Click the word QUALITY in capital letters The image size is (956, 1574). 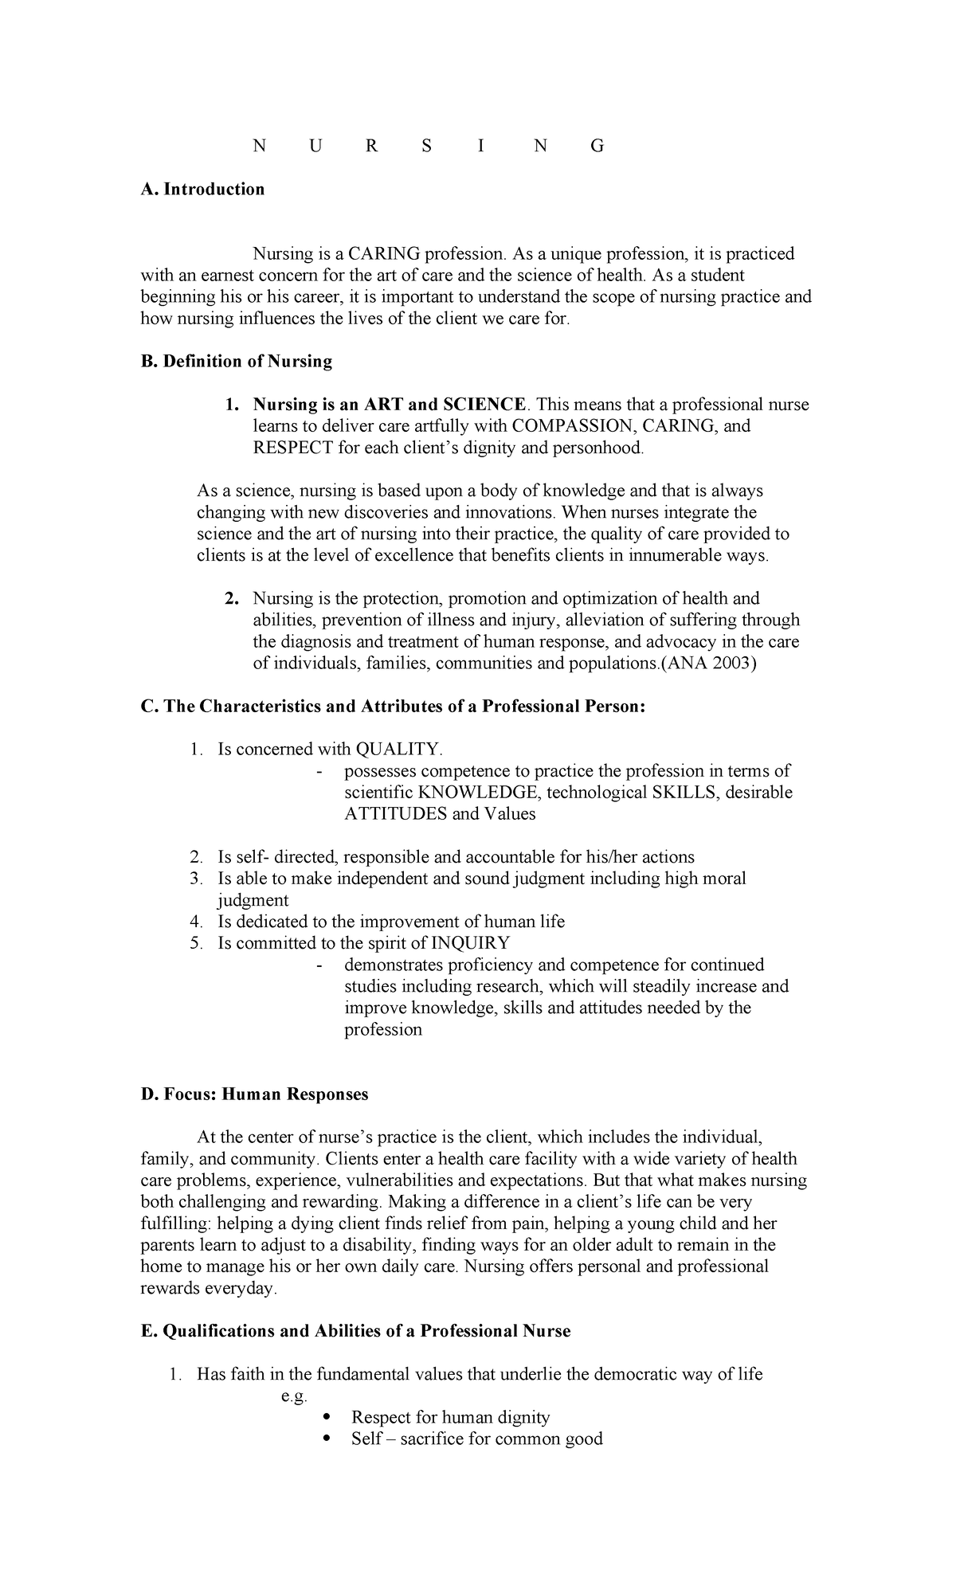tap(398, 749)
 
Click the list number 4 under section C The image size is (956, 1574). tap(196, 922)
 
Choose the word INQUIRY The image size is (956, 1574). tap(470, 943)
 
